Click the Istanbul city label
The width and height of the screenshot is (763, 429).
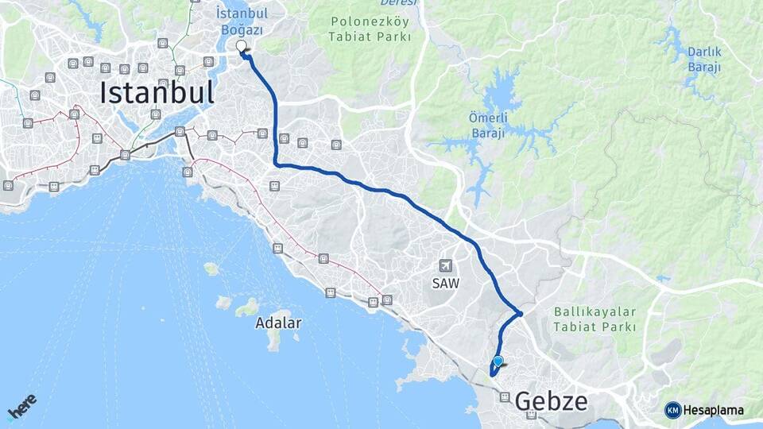tap(157, 94)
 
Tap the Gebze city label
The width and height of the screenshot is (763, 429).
tap(551, 401)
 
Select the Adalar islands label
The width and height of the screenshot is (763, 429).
tap(278, 323)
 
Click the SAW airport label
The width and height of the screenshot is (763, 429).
tap(446, 282)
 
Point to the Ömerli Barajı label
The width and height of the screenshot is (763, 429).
tap(487, 125)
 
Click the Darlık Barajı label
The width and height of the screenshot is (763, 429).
tap(704, 60)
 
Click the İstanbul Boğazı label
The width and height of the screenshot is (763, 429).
tap(242, 21)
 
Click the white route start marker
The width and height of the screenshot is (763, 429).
tap(242, 46)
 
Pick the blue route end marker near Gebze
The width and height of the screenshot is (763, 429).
tap(498, 361)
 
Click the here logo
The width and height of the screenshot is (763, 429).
tap(21, 407)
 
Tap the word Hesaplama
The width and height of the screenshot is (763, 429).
tap(714, 410)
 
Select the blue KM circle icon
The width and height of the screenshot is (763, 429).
tap(672, 410)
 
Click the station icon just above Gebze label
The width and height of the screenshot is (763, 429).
tap(505, 396)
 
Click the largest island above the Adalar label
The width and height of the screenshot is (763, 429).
tap(248, 307)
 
